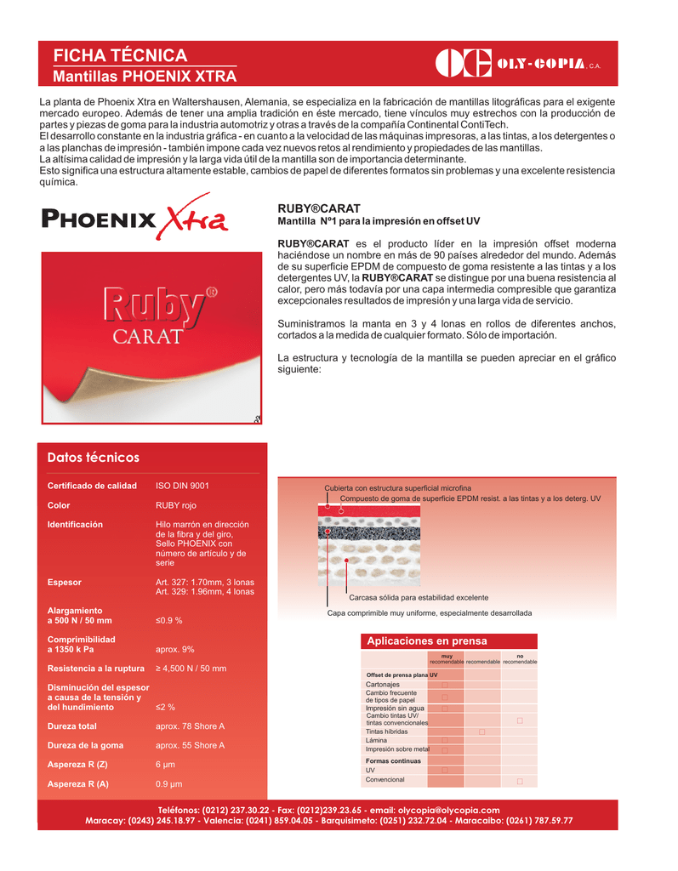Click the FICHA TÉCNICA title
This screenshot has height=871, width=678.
pyautogui.click(x=120, y=55)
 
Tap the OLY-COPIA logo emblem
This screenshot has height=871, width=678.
pyautogui.click(x=463, y=64)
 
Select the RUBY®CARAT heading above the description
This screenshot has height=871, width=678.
pyautogui.click(x=319, y=208)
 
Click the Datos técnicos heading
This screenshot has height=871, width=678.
pyautogui.click(x=94, y=458)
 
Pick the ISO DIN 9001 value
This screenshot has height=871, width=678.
pyautogui.click(x=182, y=486)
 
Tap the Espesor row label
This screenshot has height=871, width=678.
pyautogui.click(x=65, y=582)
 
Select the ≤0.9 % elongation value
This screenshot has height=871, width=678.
pyautogui.click(x=168, y=620)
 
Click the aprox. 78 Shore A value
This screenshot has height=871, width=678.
pyautogui.click(x=190, y=726)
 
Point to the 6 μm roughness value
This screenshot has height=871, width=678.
pyautogui.click(x=166, y=765)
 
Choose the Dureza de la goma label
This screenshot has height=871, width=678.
pyautogui.click(x=85, y=745)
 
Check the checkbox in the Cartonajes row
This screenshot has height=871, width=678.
pyautogui.click(x=444, y=685)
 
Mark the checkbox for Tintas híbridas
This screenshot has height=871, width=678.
pyautogui.click(x=481, y=732)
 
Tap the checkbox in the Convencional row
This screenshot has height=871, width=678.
pyautogui.click(x=520, y=780)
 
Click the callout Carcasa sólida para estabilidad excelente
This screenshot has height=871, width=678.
pyautogui.click(x=419, y=597)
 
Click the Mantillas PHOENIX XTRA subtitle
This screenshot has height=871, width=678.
pyautogui.click(x=145, y=77)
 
